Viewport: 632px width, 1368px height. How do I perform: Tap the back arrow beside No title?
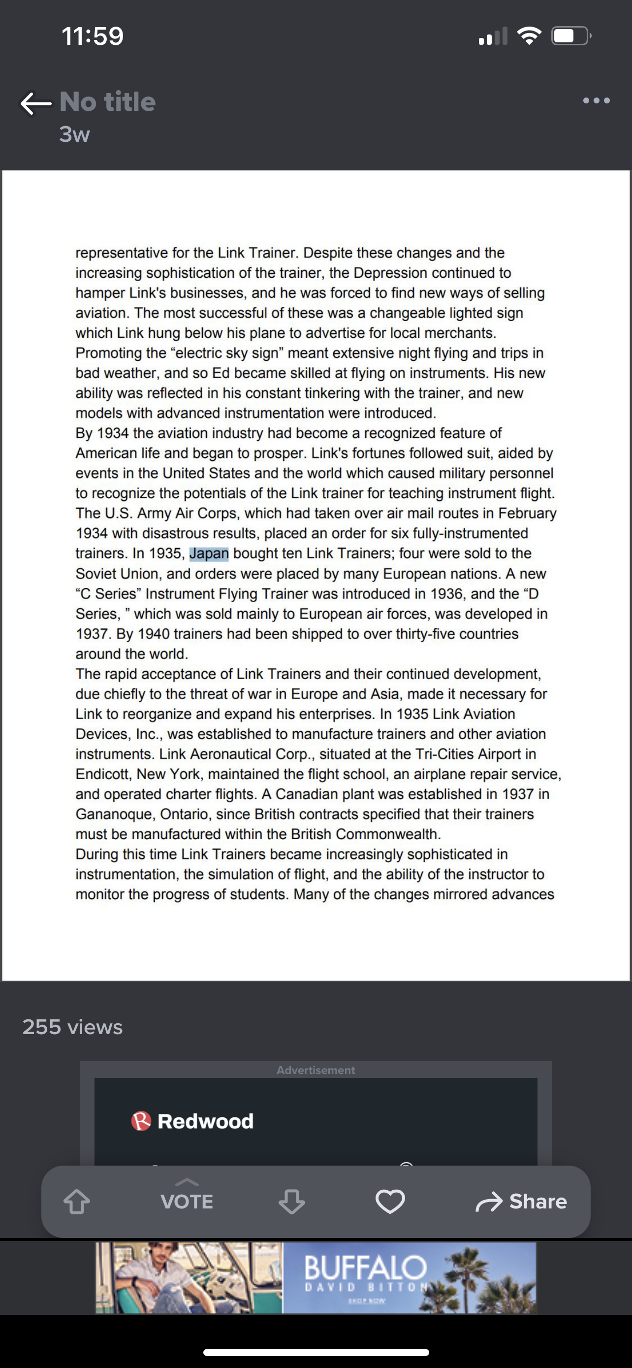click(x=35, y=103)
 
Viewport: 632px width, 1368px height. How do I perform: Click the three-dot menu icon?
click(x=596, y=100)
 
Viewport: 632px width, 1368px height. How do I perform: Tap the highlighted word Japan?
click(x=209, y=554)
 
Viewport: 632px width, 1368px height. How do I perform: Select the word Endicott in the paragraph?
click(x=103, y=774)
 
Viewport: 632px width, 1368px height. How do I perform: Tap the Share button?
click(x=522, y=1201)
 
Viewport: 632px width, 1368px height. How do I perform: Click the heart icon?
click(x=390, y=1201)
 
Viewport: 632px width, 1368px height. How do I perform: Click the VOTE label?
click(x=187, y=1201)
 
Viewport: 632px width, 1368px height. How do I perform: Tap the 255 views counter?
click(x=73, y=1027)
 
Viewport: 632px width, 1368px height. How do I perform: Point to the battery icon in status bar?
click(x=570, y=36)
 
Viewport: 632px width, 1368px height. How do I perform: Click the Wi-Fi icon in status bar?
click(x=529, y=36)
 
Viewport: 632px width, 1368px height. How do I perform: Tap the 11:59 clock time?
click(x=93, y=36)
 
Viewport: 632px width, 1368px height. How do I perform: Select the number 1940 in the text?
click(x=154, y=634)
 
